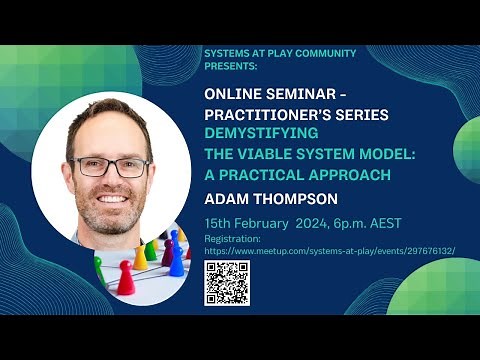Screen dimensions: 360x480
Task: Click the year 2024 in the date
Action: (311, 223)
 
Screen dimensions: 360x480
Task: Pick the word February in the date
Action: (261, 223)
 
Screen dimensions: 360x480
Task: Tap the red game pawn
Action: (127, 275)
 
